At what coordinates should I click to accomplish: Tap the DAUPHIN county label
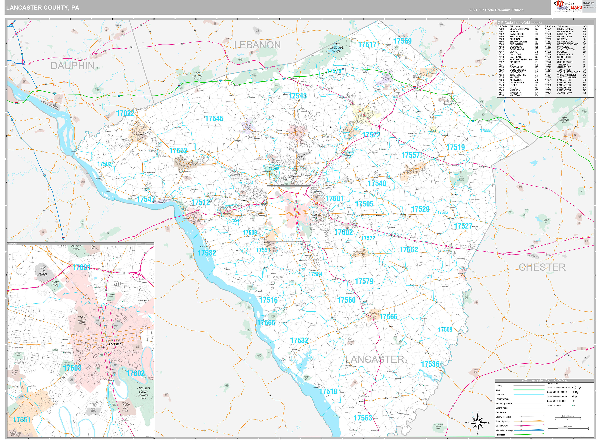pos(73,66)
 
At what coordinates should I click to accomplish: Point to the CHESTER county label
pos(542,267)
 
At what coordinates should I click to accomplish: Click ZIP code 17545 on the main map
pos(214,118)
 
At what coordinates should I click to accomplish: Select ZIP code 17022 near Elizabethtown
pos(125,113)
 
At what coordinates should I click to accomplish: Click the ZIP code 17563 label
pos(363,418)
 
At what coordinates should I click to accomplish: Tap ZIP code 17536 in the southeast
pos(430,364)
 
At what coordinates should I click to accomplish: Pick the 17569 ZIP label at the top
pos(402,41)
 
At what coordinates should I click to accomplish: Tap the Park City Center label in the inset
pos(43,271)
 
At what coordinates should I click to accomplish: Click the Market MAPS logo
pos(568,7)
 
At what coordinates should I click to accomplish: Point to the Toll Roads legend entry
pos(500,435)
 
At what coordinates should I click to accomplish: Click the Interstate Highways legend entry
pos(504,430)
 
